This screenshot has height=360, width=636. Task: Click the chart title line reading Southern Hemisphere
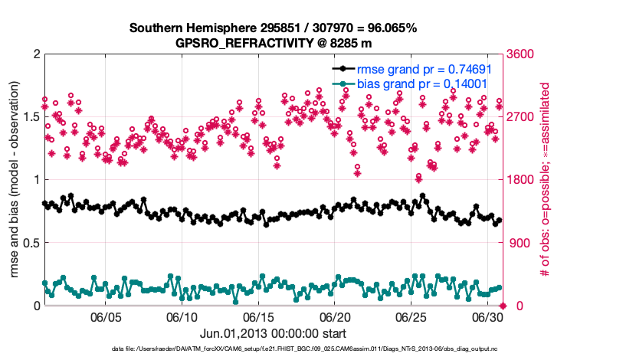coord(273,28)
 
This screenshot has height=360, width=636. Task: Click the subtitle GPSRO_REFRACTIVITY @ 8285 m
coord(273,43)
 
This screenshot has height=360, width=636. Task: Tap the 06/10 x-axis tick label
coord(182,317)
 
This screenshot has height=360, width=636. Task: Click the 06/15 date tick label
coord(259,317)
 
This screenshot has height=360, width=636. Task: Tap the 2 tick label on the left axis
coord(35,54)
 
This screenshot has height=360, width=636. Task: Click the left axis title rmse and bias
coord(14,180)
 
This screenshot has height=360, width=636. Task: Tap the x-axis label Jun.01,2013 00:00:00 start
coord(273,333)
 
